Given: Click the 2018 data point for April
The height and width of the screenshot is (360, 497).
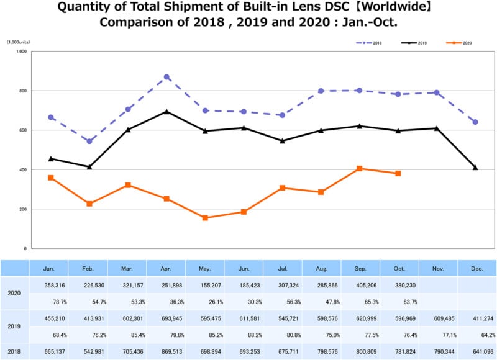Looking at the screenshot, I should tap(166, 77).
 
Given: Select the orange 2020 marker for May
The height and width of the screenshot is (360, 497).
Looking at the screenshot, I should tap(205, 218).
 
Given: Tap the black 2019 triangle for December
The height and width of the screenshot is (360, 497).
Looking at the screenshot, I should tap(475, 168).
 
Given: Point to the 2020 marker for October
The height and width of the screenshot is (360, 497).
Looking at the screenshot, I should tap(398, 173).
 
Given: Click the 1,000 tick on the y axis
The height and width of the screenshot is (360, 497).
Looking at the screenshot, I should tap(19, 52).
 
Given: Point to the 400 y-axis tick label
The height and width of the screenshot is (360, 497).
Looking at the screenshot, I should tap(21, 169).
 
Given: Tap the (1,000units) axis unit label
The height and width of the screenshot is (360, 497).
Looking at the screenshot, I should tap(19, 42).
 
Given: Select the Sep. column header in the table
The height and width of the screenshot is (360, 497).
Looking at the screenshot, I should tap(360, 269).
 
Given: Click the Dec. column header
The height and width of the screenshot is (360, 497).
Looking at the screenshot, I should tap(476, 269).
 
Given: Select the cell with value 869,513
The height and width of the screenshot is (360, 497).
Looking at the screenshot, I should tap(166, 352).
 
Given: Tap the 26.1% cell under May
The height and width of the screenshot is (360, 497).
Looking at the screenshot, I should tap(206, 302).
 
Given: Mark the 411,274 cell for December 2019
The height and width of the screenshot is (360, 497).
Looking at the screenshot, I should tap(477, 318).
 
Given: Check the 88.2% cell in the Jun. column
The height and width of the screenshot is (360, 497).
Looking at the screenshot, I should tap(244, 335).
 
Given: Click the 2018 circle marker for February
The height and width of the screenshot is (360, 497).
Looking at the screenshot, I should tap(89, 142).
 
